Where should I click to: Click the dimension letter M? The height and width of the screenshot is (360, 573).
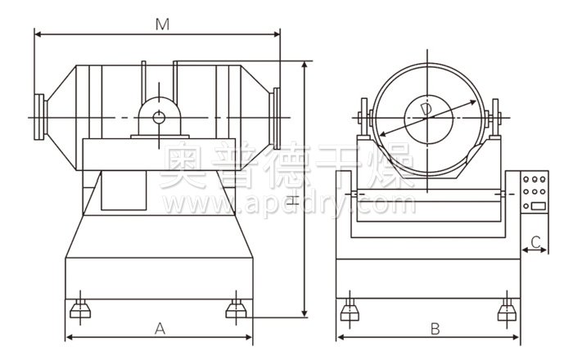[x=162, y=25]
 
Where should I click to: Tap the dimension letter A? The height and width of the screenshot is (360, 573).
[x=160, y=329]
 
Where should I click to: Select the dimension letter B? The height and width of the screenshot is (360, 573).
[x=435, y=329]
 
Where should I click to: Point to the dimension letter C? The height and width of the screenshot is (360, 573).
[x=535, y=241]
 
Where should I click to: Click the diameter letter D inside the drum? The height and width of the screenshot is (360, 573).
[x=426, y=110]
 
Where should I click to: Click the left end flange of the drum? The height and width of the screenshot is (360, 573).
[x=40, y=117]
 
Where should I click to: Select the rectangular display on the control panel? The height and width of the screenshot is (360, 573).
[x=539, y=205]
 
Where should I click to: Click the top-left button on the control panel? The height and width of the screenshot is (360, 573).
[x=526, y=179]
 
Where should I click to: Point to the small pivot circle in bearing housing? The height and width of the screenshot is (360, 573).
[x=159, y=118]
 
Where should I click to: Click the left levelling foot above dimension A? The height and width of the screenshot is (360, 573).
[x=80, y=309]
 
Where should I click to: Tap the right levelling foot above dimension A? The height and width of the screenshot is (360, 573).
[x=236, y=309]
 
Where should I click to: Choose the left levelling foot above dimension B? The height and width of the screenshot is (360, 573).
[x=350, y=309]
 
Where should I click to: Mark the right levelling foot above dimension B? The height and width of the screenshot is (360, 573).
[x=508, y=309]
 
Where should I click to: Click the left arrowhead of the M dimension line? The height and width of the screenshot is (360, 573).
[x=38, y=34]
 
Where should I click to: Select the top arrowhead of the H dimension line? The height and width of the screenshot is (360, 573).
[x=305, y=65]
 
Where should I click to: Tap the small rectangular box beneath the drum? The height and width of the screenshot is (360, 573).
[x=124, y=190]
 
